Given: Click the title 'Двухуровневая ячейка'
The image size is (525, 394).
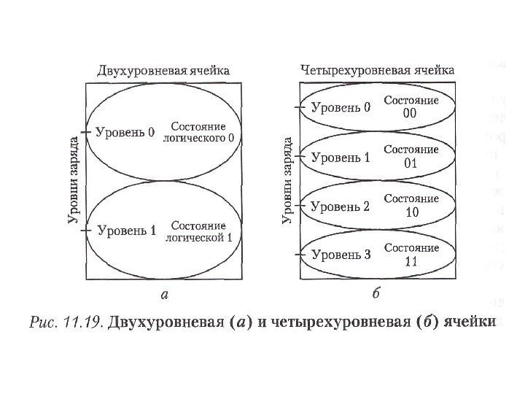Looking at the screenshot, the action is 163,71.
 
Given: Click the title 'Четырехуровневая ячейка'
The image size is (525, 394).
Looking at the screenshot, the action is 377,70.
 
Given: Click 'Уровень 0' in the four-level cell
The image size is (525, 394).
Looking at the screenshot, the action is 341,108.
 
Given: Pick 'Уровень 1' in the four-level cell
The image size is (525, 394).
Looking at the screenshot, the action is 341,157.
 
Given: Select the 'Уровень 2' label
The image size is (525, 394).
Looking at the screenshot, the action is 341,206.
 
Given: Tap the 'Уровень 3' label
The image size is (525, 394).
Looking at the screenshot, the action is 341,255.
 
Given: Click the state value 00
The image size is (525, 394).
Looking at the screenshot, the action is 411,115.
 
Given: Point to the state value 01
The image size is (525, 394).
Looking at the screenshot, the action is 411,163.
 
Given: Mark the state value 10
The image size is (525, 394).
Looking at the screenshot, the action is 411,212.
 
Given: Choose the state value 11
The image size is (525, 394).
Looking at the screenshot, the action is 411,261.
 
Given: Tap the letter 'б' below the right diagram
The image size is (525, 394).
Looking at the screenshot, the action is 376,294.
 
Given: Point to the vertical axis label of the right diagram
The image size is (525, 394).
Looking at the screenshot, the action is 287,180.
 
